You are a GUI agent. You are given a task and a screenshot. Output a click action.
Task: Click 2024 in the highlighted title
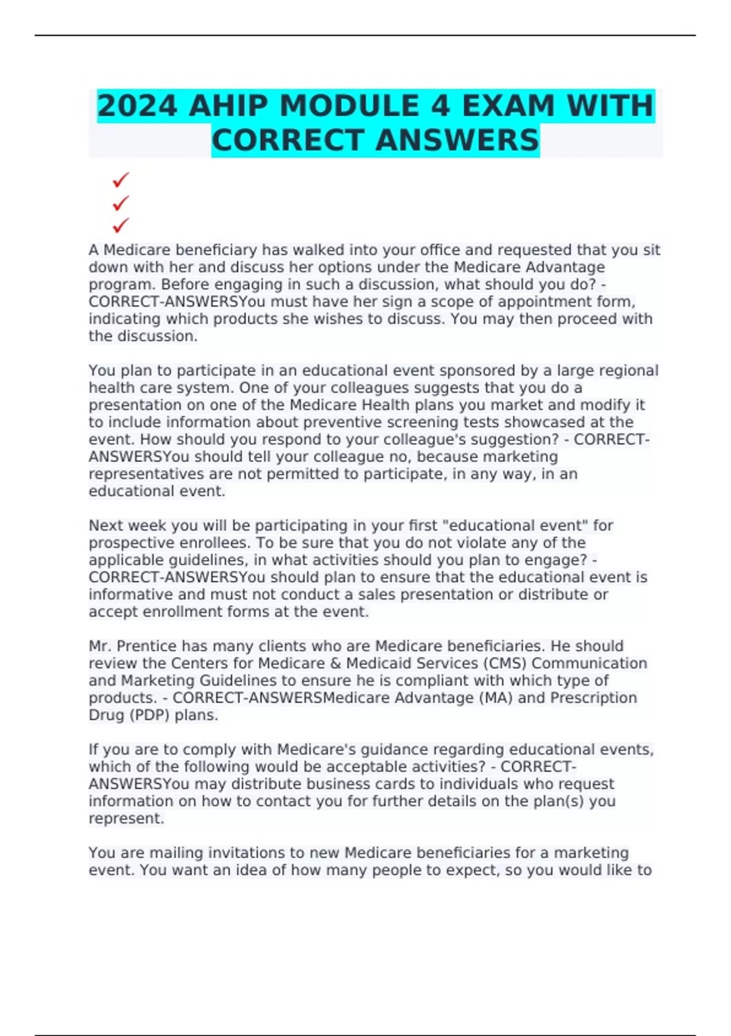(137, 106)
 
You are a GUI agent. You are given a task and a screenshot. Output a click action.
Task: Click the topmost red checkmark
(121, 180)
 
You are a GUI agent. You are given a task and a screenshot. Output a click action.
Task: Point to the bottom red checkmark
(121, 225)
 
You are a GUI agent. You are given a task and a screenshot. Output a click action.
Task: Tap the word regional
(627, 371)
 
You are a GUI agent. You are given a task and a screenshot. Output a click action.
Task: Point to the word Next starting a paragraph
(106, 525)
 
